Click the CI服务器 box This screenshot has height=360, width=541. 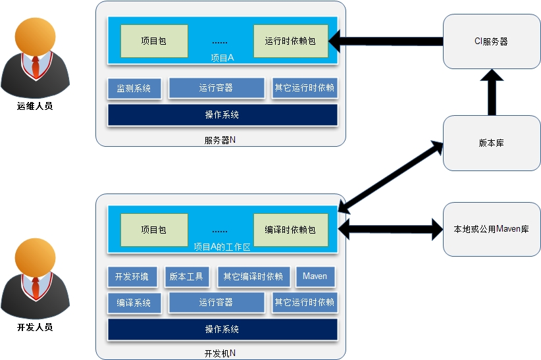point(491,41)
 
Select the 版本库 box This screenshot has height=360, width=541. point(491,143)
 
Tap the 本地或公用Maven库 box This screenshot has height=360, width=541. point(491,229)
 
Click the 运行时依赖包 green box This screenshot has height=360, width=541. point(290,41)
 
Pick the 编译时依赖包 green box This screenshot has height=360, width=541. point(290,230)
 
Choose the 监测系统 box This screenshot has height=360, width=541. point(134,88)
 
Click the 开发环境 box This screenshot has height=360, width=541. point(132,276)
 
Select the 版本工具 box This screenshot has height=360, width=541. point(186,276)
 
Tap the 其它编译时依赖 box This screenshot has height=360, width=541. point(253,276)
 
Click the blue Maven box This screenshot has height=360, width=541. point(315,276)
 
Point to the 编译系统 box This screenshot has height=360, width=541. point(134,303)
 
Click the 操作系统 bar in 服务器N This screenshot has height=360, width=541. point(222,115)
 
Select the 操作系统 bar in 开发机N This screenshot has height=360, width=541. point(222,329)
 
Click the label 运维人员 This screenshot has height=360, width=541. point(35,105)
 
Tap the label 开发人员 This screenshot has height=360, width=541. point(35,326)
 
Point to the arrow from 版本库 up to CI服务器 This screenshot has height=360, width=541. point(490,93)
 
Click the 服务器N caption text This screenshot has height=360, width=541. point(220,140)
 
